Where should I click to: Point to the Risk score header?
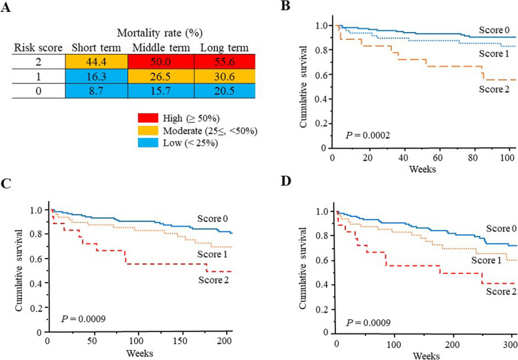point(39,45)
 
